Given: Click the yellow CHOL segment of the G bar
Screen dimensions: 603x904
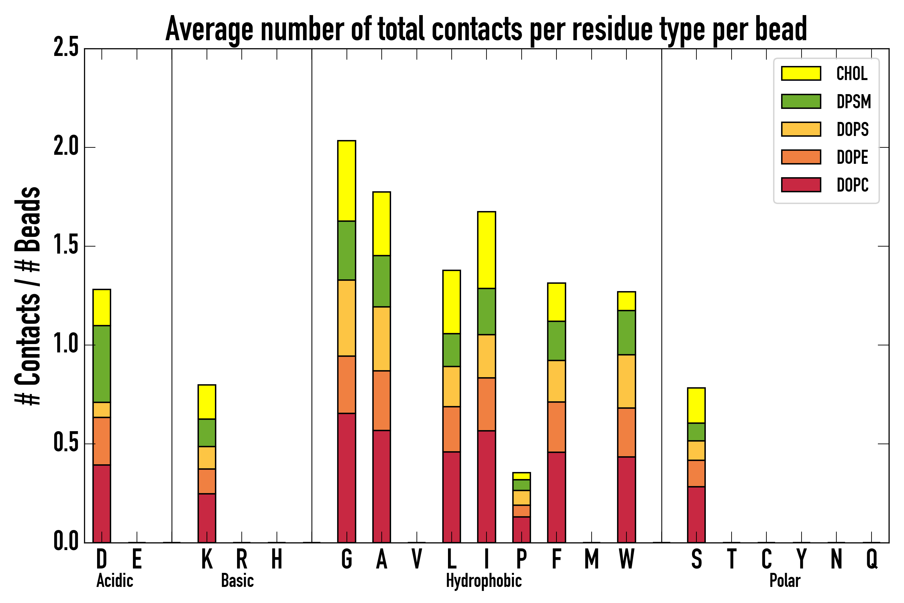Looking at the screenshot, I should click(x=346, y=181).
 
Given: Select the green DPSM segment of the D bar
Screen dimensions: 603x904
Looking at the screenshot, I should click(x=102, y=364).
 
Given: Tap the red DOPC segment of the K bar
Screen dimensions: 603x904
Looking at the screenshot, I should click(x=207, y=518).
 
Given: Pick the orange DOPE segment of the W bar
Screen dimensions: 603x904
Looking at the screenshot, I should click(x=626, y=432).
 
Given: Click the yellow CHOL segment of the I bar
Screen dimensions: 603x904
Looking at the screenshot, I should click(x=486, y=250).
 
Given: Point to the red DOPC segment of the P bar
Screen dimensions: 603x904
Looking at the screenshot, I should click(x=522, y=530).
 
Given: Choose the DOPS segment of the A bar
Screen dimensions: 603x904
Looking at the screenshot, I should click(x=382, y=339).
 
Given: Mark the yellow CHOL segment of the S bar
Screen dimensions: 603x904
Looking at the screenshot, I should click(x=696, y=406).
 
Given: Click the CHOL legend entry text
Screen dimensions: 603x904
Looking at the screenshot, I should click(x=852, y=73).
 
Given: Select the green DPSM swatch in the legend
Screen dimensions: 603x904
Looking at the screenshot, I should click(x=801, y=101).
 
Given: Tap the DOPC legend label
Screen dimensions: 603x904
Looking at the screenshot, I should click(x=852, y=185).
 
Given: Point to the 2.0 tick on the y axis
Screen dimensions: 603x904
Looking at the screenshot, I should click(x=66, y=147).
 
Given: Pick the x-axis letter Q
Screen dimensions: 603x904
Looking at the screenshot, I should click(x=872, y=559).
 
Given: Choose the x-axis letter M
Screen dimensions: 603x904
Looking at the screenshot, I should click(x=592, y=559).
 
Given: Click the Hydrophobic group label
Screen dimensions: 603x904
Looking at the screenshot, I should click(x=483, y=581).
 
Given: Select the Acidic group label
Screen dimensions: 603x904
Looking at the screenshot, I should click(x=115, y=581).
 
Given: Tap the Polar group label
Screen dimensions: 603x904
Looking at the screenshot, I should click(x=785, y=581).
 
